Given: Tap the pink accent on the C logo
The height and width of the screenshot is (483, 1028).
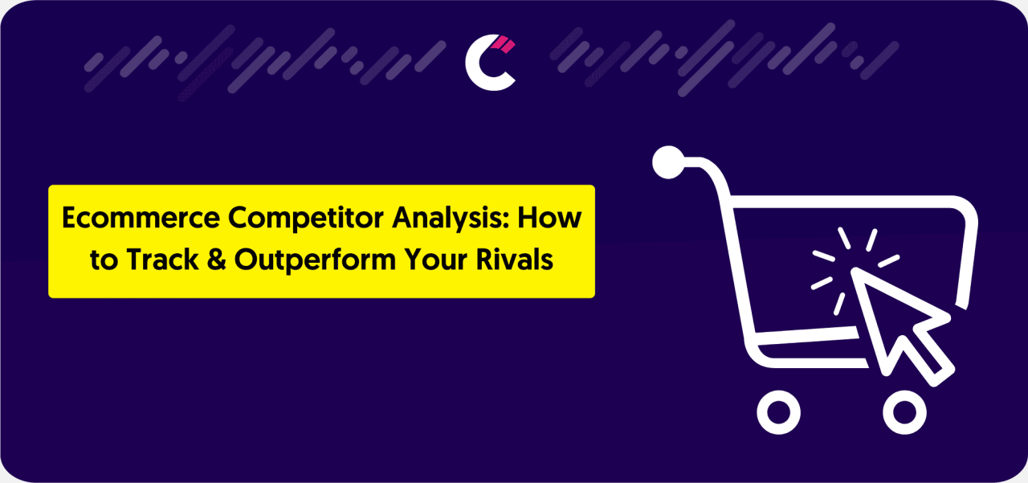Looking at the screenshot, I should (x=504, y=44).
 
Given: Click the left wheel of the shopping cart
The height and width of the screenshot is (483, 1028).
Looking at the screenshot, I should (x=778, y=412).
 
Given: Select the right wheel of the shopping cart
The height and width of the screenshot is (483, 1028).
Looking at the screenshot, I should (x=905, y=412).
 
